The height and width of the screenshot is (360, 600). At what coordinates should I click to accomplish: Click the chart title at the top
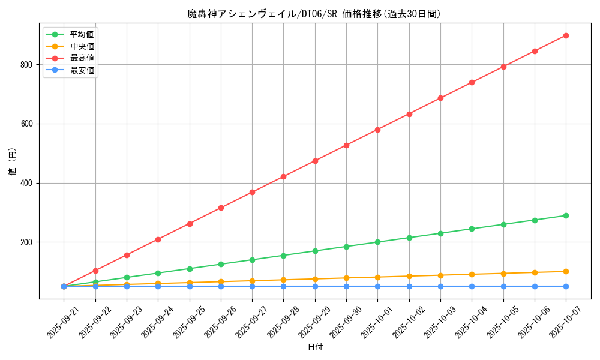tap(314, 14)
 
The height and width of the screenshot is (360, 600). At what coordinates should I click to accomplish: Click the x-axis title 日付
tap(315, 347)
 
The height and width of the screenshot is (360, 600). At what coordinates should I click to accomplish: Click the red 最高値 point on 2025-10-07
tap(566, 35)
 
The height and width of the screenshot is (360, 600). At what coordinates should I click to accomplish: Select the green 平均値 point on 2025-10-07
tap(566, 215)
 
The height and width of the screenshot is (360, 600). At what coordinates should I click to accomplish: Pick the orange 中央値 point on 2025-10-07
tap(566, 271)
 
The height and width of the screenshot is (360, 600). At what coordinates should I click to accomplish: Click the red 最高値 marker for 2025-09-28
tap(283, 176)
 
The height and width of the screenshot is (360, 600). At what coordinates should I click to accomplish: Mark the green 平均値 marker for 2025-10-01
tap(377, 242)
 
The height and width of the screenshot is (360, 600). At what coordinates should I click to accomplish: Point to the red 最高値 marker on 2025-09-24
tap(158, 239)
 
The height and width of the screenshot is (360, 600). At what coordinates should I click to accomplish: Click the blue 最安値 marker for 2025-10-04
tap(472, 286)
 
